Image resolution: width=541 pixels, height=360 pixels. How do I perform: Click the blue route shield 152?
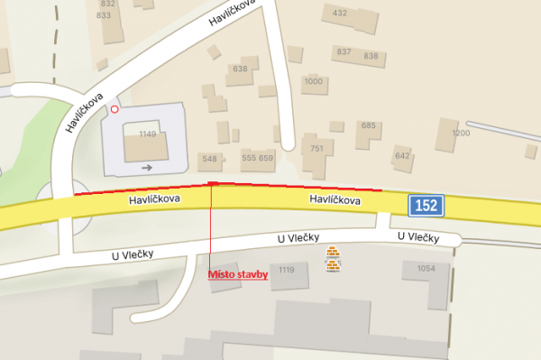(x=426, y=206)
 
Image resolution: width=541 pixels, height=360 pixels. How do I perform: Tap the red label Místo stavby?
(x=238, y=275)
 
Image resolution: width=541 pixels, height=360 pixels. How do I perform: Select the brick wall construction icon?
(x=335, y=260)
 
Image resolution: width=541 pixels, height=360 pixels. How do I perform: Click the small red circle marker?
(x=115, y=109)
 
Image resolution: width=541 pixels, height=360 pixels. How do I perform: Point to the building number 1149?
(x=148, y=134)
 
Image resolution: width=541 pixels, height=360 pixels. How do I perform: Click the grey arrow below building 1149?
(x=147, y=167)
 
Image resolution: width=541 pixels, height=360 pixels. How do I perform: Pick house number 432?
(x=340, y=14)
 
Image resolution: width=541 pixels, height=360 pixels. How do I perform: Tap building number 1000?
(x=313, y=81)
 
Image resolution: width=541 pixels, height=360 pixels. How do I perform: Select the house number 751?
(x=316, y=148)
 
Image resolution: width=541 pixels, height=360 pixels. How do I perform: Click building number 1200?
(x=461, y=134)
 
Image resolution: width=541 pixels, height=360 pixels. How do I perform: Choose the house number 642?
(x=402, y=155)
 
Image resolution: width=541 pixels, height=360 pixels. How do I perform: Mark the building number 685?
(x=368, y=125)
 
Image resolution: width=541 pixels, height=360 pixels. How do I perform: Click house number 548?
(x=210, y=158)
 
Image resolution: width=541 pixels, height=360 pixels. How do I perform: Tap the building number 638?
(x=240, y=69)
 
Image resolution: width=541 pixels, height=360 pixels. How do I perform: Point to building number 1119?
(x=287, y=270)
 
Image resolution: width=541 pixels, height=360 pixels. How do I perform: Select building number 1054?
(x=426, y=268)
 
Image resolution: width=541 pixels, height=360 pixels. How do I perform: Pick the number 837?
(x=344, y=51)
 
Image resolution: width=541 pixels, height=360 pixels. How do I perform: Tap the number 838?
(x=371, y=56)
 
